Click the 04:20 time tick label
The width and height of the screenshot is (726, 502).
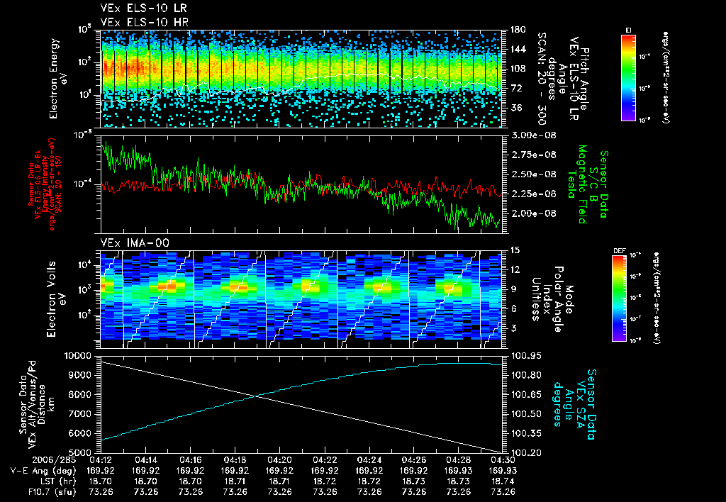279,459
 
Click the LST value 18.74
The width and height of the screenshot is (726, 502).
503,481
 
